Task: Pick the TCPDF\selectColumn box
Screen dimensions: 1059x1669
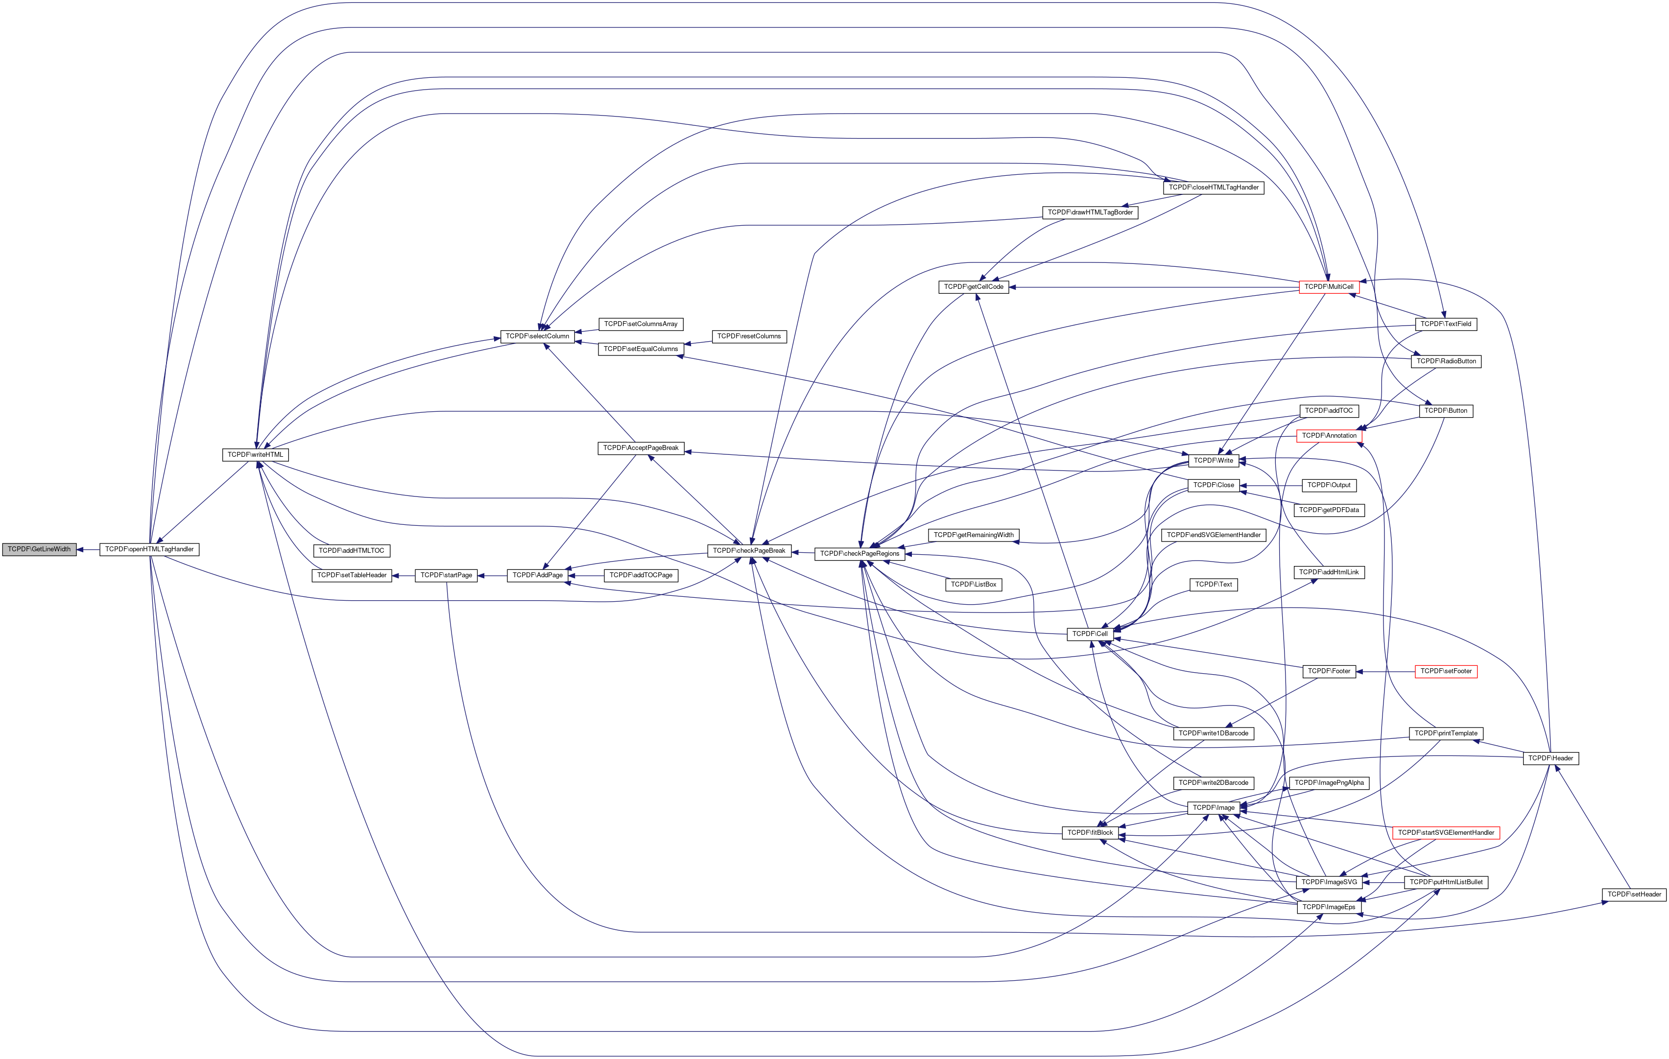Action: pyautogui.click(x=537, y=337)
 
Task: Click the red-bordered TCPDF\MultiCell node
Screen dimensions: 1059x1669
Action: pyautogui.click(x=1329, y=287)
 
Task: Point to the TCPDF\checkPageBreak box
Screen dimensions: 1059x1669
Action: pyautogui.click(x=749, y=551)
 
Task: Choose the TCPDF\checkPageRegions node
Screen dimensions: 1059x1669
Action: pyautogui.click(x=859, y=554)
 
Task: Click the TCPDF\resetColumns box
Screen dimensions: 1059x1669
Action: pyautogui.click(x=749, y=337)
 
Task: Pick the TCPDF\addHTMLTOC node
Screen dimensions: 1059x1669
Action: pyautogui.click(x=352, y=551)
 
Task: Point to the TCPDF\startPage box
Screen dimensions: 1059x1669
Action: pyautogui.click(x=446, y=575)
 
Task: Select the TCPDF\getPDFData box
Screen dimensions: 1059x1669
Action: pyautogui.click(x=1329, y=510)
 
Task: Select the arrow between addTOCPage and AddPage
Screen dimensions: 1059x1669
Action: pyautogui.click(x=586, y=575)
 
